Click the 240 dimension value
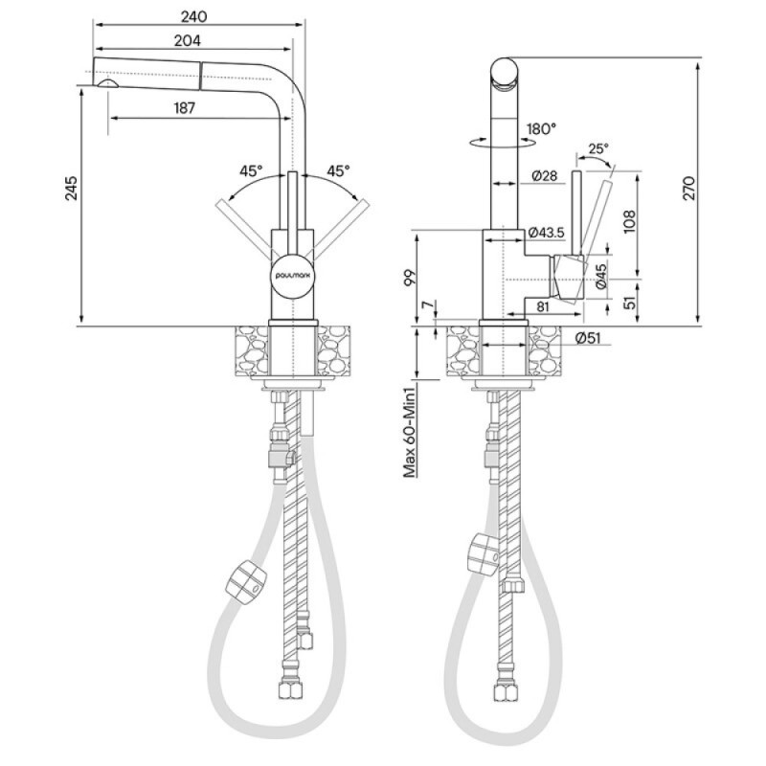click(x=194, y=16)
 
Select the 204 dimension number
click(x=188, y=40)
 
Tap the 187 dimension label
click(x=184, y=108)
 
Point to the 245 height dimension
click(x=71, y=188)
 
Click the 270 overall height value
click(x=688, y=188)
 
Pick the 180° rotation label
click(x=541, y=129)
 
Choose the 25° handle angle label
click(x=598, y=148)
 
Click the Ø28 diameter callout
click(x=544, y=175)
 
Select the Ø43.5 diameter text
click(x=547, y=233)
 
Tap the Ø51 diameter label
click(x=588, y=338)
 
